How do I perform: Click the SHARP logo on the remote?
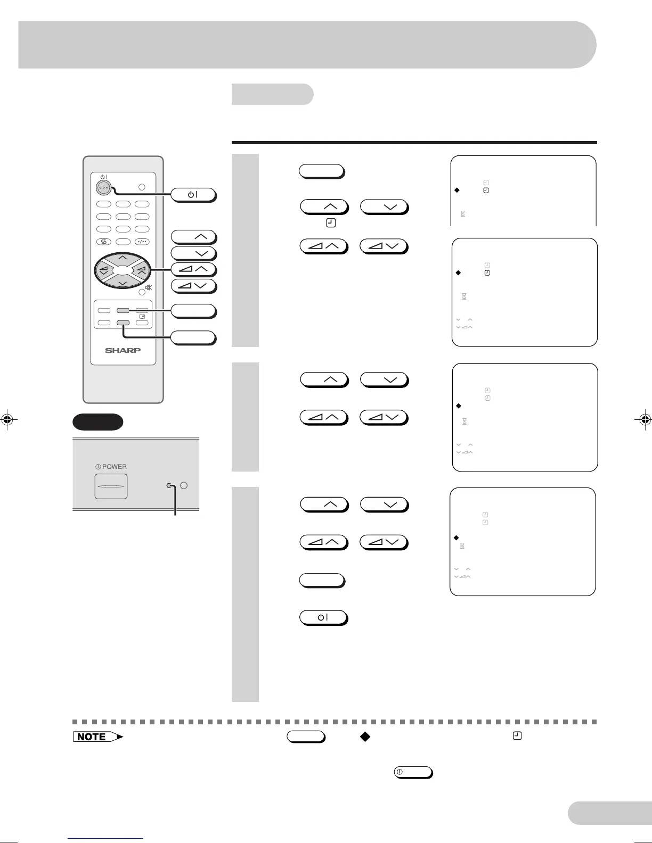click(x=123, y=350)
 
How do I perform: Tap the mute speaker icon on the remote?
click(x=149, y=287)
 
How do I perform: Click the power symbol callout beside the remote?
click(x=193, y=195)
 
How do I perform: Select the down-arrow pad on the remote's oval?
click(x=123, y=283)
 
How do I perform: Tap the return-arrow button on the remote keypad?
click(x=104, y=242)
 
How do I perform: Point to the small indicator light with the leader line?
click(x=169, y=485)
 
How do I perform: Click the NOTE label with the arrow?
click(x=97, y=737)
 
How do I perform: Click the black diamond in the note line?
click(x=365, y=737)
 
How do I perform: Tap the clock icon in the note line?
click(x=517, y=736)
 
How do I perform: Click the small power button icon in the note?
click(x=413, y=772)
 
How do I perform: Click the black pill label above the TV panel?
click(x=98, y=422)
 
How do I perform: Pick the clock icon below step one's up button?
click(x=330, y=224)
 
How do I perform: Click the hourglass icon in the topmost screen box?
click(x=463, y=213)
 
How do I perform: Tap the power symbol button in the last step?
click(x=323, y=617)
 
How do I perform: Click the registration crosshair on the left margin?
click(x=7, y=419)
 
